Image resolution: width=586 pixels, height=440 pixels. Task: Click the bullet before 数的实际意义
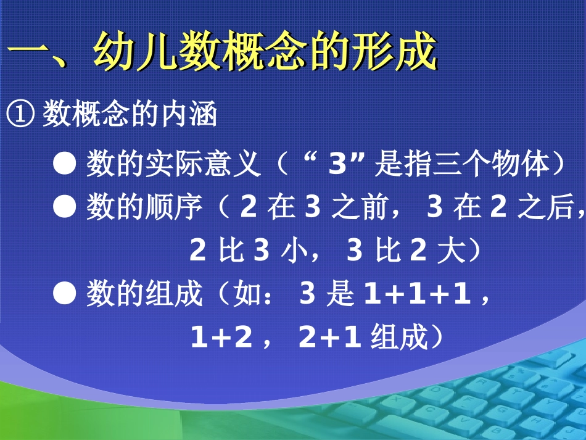click(x=64, y=164)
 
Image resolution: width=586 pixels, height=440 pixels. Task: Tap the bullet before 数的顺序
click(x=64, y=209)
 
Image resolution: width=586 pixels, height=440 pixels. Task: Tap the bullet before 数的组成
click(x=64, y=294)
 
